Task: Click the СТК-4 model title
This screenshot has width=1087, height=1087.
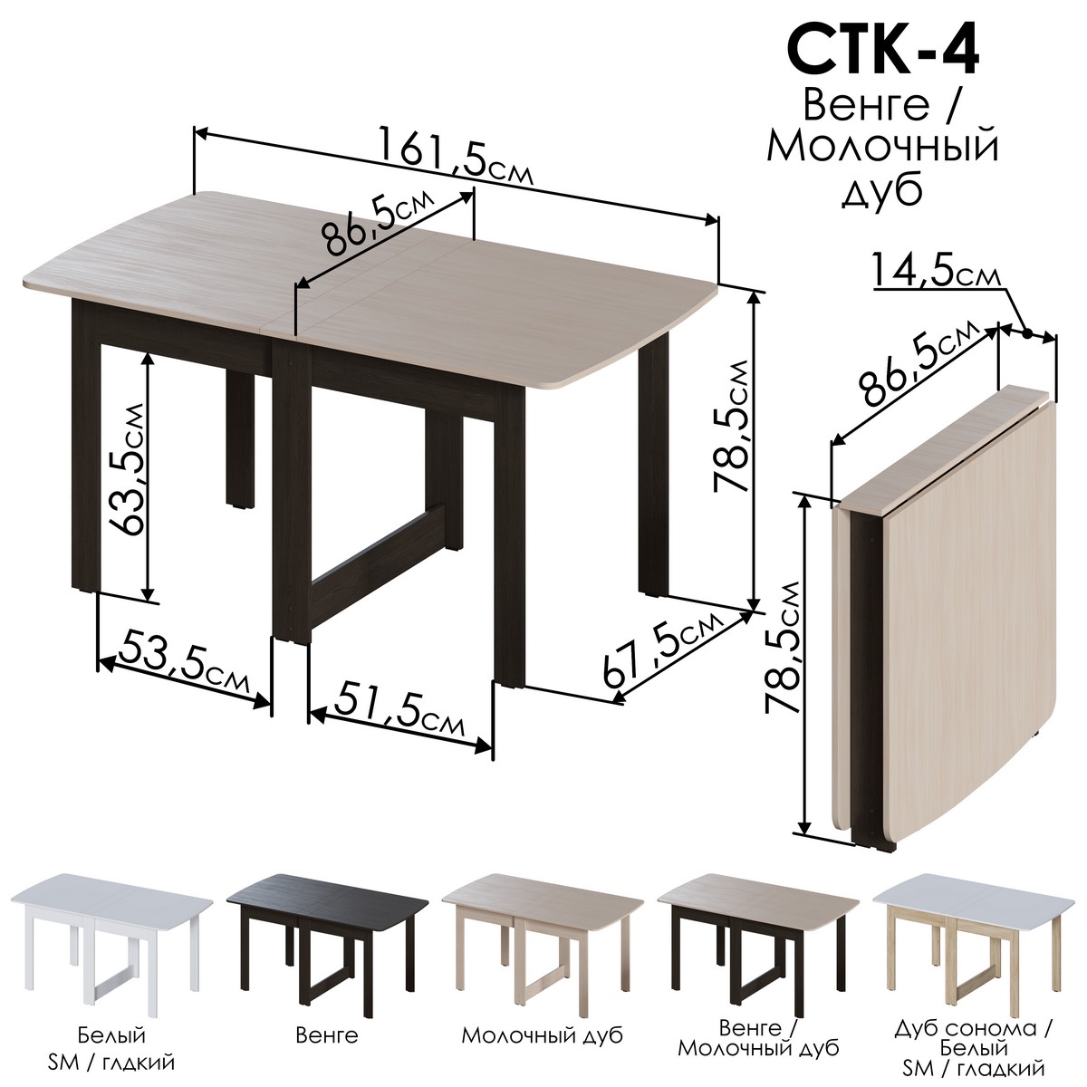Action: point(883,52)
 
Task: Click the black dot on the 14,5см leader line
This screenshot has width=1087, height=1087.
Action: point(1028,334)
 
